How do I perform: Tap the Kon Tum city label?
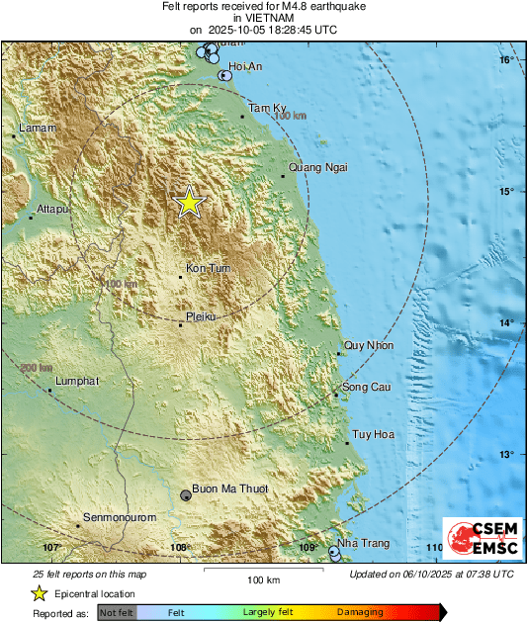point(207,268)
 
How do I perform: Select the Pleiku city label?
point(201,317)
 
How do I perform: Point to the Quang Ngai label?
point(317,167)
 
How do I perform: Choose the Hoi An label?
point(245,66)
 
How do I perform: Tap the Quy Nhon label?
point(368,345)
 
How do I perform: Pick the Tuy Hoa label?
point(373,434)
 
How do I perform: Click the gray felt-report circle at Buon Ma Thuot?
point(186,494)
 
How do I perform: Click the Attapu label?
point(51,209)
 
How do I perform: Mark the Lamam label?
point(39,128)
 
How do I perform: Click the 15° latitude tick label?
point(506,191)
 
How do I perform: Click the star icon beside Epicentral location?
point(39,593)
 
